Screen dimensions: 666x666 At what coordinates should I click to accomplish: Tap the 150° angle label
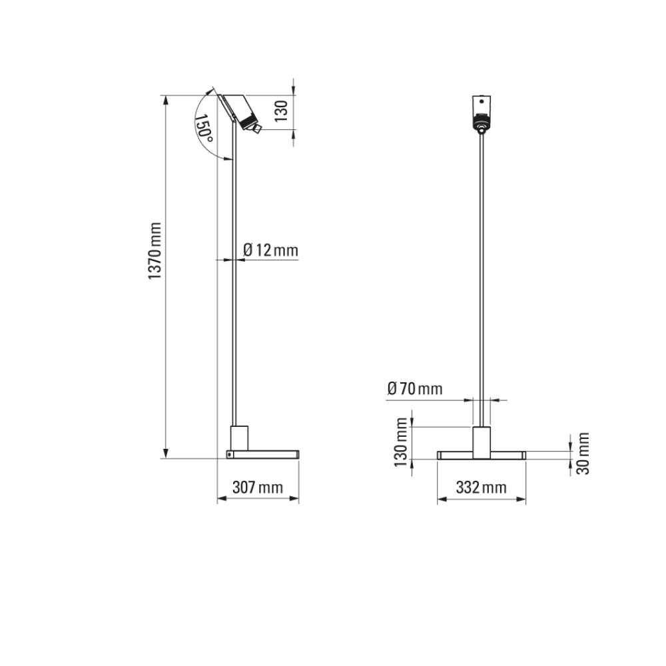pyautogui.click(x=204, y=128)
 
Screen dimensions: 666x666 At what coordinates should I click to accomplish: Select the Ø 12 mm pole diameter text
pyautogui.click(x=270, y=250)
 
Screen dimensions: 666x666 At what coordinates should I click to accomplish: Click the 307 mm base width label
pyautogui.click(x=258, y=488)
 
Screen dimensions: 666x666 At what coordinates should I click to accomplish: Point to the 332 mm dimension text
pyautogui.click(x=481, y=488)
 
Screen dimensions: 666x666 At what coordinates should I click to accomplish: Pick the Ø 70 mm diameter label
pyautogui.click(x=414, y=388)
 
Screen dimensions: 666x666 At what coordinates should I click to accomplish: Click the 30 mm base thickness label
pyautogui.click(x=583, y=453)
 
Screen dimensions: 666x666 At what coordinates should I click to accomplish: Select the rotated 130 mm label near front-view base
pyautogui.click(x=400, y=442)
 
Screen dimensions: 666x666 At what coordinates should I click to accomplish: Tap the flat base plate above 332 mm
pyautogui.click(x=481, y=455)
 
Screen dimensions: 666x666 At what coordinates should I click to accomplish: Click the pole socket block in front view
pyautogui.click(x=481, y=440)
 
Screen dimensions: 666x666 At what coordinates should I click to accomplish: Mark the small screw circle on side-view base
pyautogui.click(x=228, y=454)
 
